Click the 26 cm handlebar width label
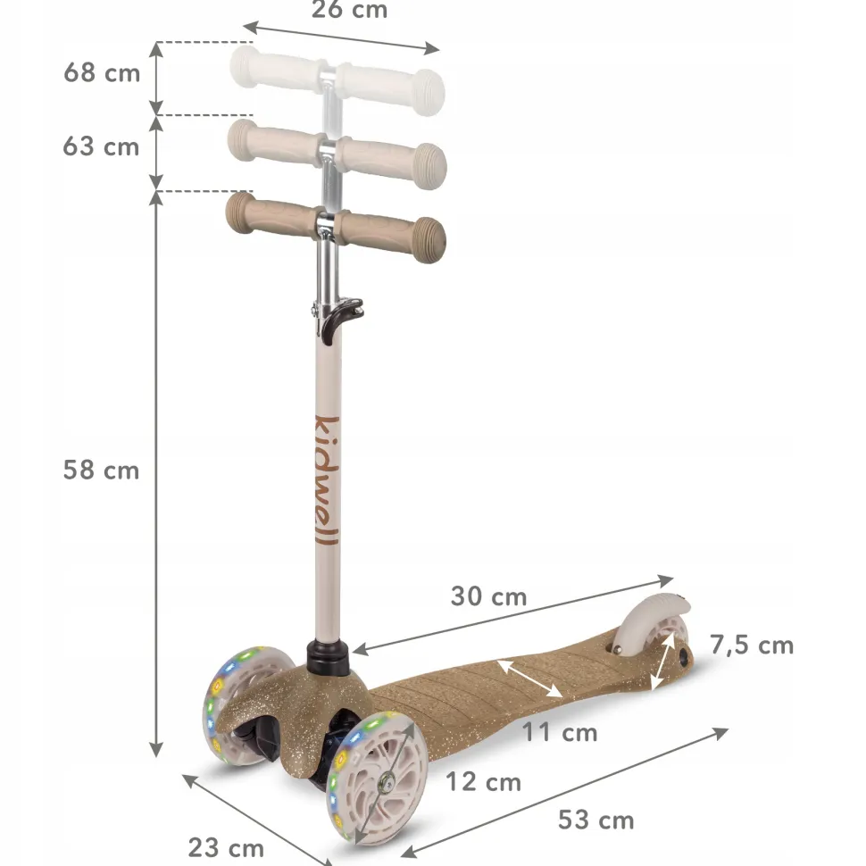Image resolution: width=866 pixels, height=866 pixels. [349, 10]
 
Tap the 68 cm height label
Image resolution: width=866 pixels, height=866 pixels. [102, 73]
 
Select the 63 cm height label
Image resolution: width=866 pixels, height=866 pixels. [101, 147]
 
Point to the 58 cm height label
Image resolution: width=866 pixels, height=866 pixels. [101, 470]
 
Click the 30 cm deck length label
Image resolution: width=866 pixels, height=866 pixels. [488, 596]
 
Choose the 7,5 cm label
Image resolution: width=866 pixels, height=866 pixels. [752, 645]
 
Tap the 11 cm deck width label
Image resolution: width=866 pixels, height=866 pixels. [560, 733]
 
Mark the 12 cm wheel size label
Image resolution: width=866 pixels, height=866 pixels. [483, 782]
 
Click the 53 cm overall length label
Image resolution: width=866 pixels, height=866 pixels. [595, 820]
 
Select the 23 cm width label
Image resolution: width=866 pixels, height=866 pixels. [226, 848]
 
